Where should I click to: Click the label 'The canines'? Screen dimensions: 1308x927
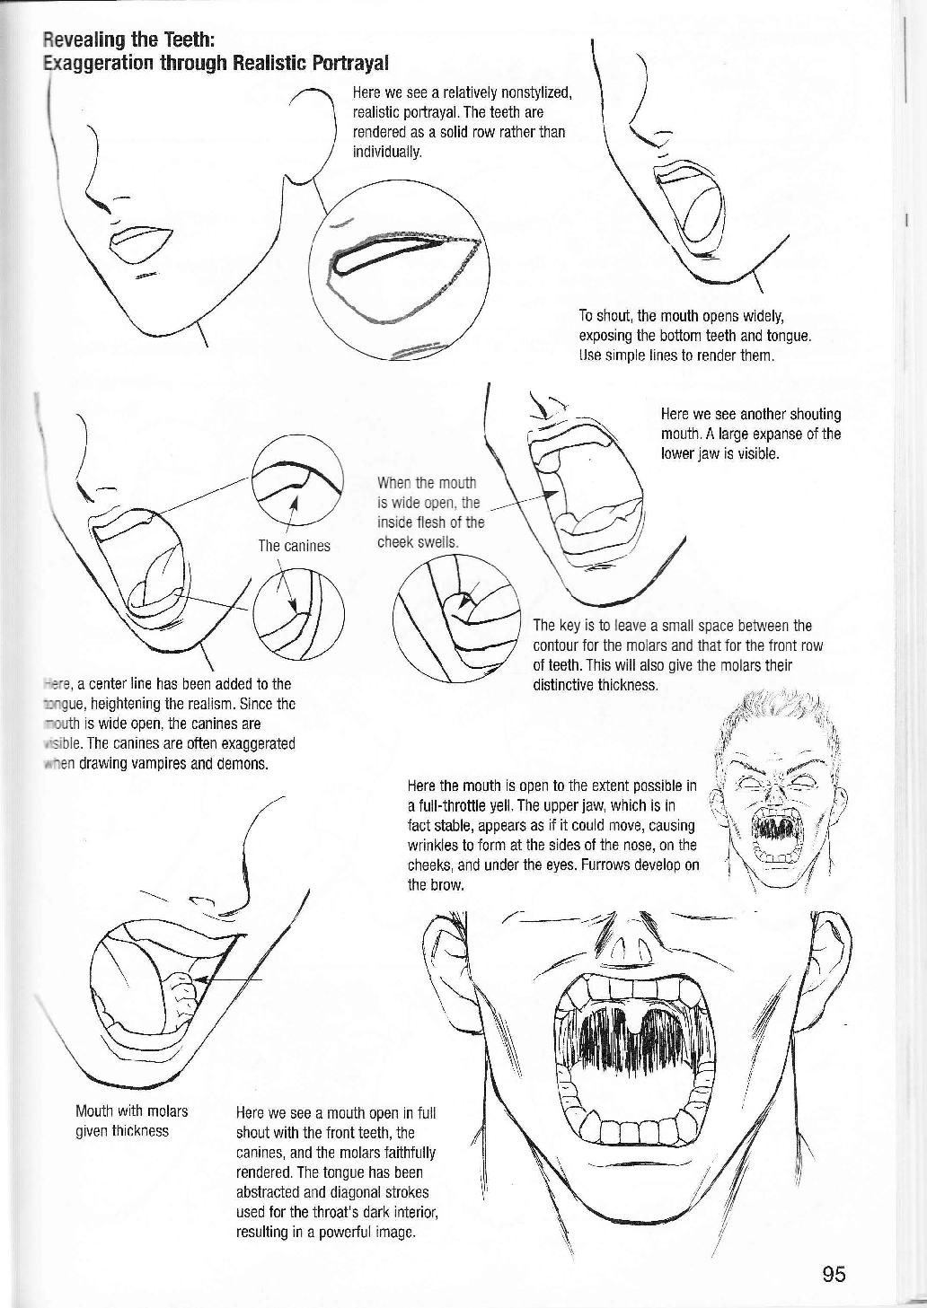(x=294, y=545)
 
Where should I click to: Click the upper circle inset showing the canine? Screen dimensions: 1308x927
(x=297, y=479)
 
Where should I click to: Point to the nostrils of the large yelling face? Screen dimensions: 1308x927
(x=635, y=950)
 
